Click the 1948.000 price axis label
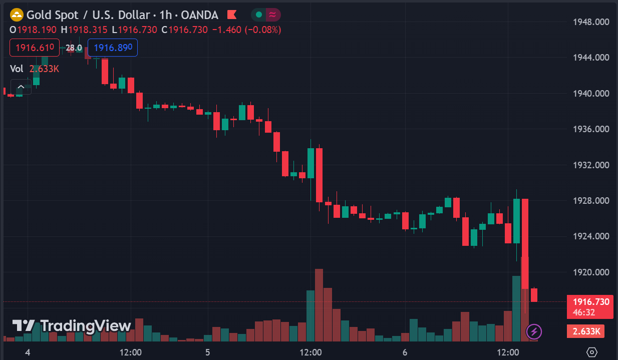pos(591,22)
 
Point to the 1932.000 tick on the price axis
pos(591,165)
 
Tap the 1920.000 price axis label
pos(591,272)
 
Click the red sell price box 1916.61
pos(35,48)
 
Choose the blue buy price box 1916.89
pos(113,48)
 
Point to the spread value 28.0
pos(74,48)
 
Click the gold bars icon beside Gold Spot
pos(17,15)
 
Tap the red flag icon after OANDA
pos(232,15)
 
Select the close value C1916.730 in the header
pos(184,30)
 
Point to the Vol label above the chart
pos(17,69)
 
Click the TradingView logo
pos(72,326)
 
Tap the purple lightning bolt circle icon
pos(534,331)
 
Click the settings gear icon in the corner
pos(592,352)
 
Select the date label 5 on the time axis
pos(207,352)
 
